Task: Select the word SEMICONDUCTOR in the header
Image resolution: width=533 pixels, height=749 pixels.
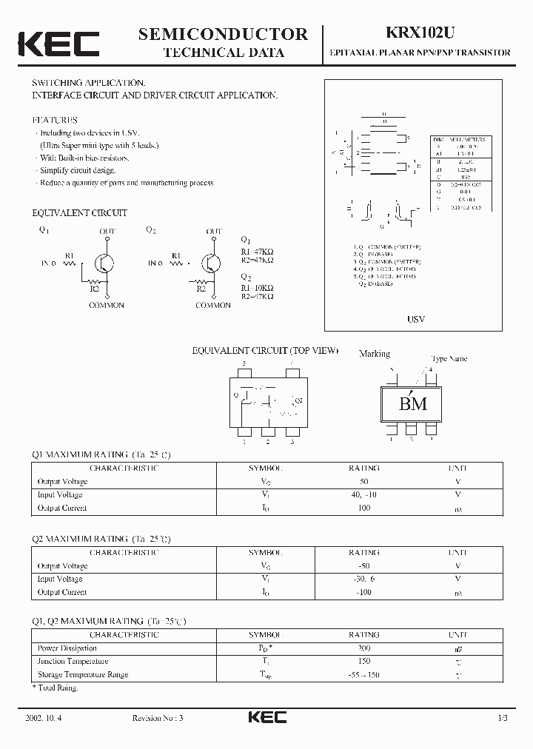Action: (x=223, y=33)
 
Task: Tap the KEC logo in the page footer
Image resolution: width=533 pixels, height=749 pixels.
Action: (x=266, y=717)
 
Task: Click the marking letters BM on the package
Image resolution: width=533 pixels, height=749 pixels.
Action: (x=413, y=404)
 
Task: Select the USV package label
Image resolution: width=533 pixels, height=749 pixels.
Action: (x=416, y=319)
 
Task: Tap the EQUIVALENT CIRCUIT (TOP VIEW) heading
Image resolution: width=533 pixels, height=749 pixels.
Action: (x=265, y=350)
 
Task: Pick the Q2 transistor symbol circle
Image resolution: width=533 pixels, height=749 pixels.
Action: (x=212, y=264)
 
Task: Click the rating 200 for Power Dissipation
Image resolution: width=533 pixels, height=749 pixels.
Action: (x=363, y=648)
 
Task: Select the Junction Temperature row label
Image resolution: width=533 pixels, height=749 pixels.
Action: (x=73, y=662)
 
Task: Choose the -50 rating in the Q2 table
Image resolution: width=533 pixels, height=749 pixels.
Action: (x=363, y=566)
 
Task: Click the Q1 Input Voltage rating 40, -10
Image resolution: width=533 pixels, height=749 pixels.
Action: (x=363, y=495)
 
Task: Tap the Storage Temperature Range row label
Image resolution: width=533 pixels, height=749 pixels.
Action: (x=83, y=675)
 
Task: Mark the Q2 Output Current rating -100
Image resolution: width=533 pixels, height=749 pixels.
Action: (x=363, y=593)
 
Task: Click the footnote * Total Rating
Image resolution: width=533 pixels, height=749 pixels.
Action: (x=56, y=688)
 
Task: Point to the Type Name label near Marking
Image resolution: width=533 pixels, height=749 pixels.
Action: (x=449, y=359)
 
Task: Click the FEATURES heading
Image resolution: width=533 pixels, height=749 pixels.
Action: (x=55, y=120)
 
